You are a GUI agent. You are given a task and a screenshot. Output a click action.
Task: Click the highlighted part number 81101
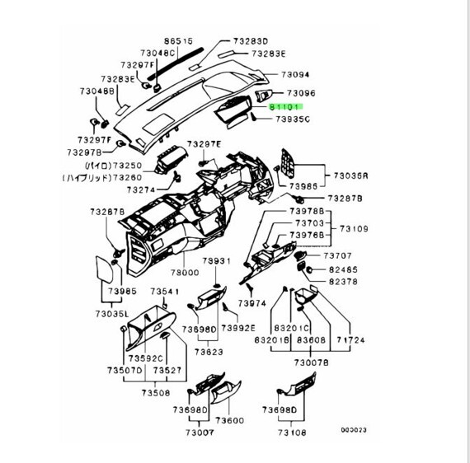tap(287, 107)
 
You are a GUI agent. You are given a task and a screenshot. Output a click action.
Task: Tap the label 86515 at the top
tap(177, 40)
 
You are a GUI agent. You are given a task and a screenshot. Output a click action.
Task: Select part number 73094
tap(294, 74)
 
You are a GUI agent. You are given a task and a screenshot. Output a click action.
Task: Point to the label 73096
tap(300, 94)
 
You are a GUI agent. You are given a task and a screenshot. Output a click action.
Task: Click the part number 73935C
tap(291, 119)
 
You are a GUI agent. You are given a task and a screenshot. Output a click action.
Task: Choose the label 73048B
tap(96, 91)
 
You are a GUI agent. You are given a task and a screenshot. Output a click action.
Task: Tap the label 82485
tap(343, 269)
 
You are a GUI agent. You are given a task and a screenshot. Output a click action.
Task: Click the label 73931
tap(215, 260)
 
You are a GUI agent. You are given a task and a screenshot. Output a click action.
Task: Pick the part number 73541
tap(164, 292)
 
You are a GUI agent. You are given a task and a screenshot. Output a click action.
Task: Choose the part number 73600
tap(231, 420)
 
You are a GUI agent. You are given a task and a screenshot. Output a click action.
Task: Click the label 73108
tap(294, 432)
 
